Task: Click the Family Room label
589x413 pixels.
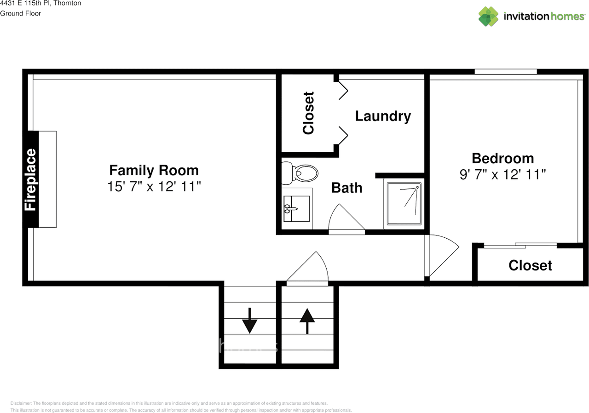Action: coord(154,170)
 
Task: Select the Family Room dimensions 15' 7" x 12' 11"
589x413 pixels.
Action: coord(154,186)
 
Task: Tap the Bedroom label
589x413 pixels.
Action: coord(502,158)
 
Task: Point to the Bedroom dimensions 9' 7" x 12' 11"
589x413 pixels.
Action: coord(502,174)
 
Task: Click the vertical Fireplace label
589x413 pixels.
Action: coord(30,179)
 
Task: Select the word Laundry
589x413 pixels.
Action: coord(383,116)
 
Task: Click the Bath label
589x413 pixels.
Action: coord(347,188)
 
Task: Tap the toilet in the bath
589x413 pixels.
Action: coord(301,173)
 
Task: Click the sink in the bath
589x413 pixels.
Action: coord(296,209)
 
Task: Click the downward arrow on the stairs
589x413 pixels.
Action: coord(249,321)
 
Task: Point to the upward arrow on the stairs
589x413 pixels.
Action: coord(306,321)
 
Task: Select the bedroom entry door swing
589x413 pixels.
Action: coord(442,255)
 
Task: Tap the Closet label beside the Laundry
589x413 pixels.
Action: coord(308,113)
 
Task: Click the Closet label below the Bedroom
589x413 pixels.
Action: coord(530,265)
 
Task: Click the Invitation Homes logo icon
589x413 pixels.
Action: coord(488,17)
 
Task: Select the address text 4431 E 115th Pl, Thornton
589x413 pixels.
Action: coord(40,4)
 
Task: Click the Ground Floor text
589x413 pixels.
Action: coord(21,13)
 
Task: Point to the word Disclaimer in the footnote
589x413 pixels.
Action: coord(21,403)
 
